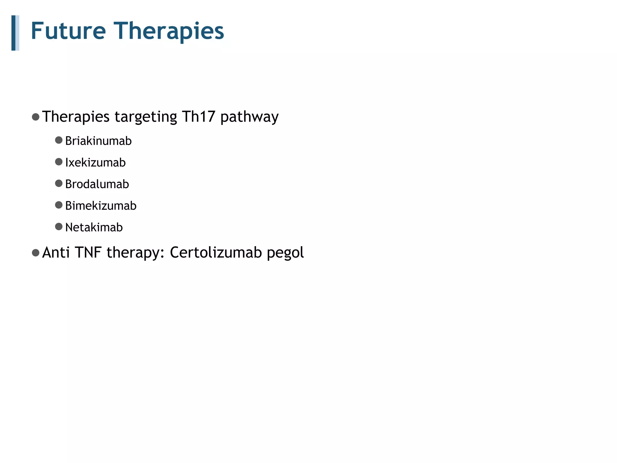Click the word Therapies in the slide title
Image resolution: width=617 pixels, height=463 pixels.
pos(169,31)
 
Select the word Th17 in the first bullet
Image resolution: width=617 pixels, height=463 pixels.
pos(198,116)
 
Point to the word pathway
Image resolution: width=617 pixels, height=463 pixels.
pos(249,117)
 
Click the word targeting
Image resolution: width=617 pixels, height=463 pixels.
pos(146,117)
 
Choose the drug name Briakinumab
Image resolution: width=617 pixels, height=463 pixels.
pos(98,141)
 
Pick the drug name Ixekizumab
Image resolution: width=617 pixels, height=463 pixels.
pos(95,162)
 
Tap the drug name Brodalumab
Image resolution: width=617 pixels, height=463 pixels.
pos(97,184)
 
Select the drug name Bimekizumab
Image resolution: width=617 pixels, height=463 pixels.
pos(101,206)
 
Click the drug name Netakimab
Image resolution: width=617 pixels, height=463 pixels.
pos(94,227)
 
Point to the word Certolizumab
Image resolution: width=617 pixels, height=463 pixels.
pos(216,252)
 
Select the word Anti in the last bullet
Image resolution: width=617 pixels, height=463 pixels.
pos(56,252)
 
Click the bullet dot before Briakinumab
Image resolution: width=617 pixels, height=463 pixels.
pos(59,140)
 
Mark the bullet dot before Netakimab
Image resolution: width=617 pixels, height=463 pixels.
pos(59,227)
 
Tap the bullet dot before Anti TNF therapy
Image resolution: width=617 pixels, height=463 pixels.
pos(36,253)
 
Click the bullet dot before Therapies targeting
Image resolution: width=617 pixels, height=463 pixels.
pos(36,117)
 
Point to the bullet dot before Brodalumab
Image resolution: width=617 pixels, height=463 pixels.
pos(59,183)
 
